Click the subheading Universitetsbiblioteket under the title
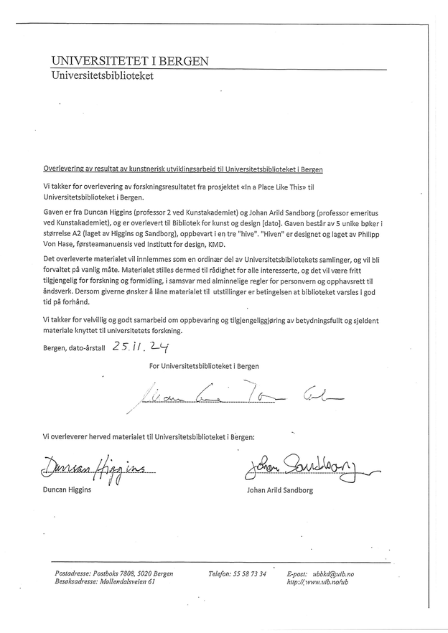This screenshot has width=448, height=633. (102, 74)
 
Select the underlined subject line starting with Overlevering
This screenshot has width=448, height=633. (183, 169)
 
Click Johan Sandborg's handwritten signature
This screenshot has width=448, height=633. (309, 468)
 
